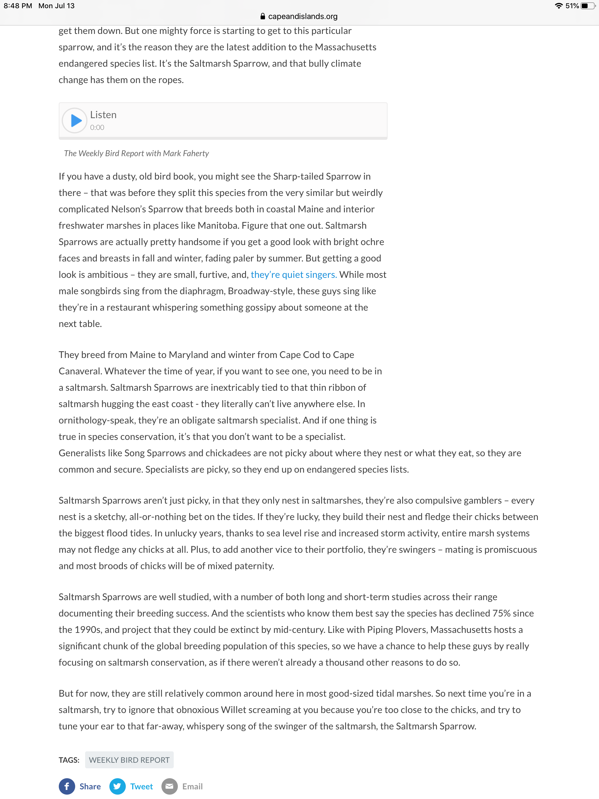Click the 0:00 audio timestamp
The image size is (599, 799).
pos(97,128)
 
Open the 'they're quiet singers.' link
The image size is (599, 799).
pos(294,275)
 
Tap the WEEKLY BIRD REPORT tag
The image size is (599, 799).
pos(129,760)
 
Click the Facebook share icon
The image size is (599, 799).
pos(67,786)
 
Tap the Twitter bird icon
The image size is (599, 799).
pos(117,786)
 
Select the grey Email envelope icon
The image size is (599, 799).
pos(169,786)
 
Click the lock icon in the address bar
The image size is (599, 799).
pos(263,16)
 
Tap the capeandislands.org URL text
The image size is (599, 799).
pos(303,16)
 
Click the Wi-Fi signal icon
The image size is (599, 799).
pos(559,6)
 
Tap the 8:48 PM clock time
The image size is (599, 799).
pos(18,6)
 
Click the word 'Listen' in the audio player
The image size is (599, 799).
pos(103,115)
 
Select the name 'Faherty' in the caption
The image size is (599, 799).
pos(195,154)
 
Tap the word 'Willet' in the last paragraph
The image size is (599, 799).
pos(234,710)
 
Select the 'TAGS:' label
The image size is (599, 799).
pos(69,760)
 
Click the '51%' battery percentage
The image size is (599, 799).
pos(572,6)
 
